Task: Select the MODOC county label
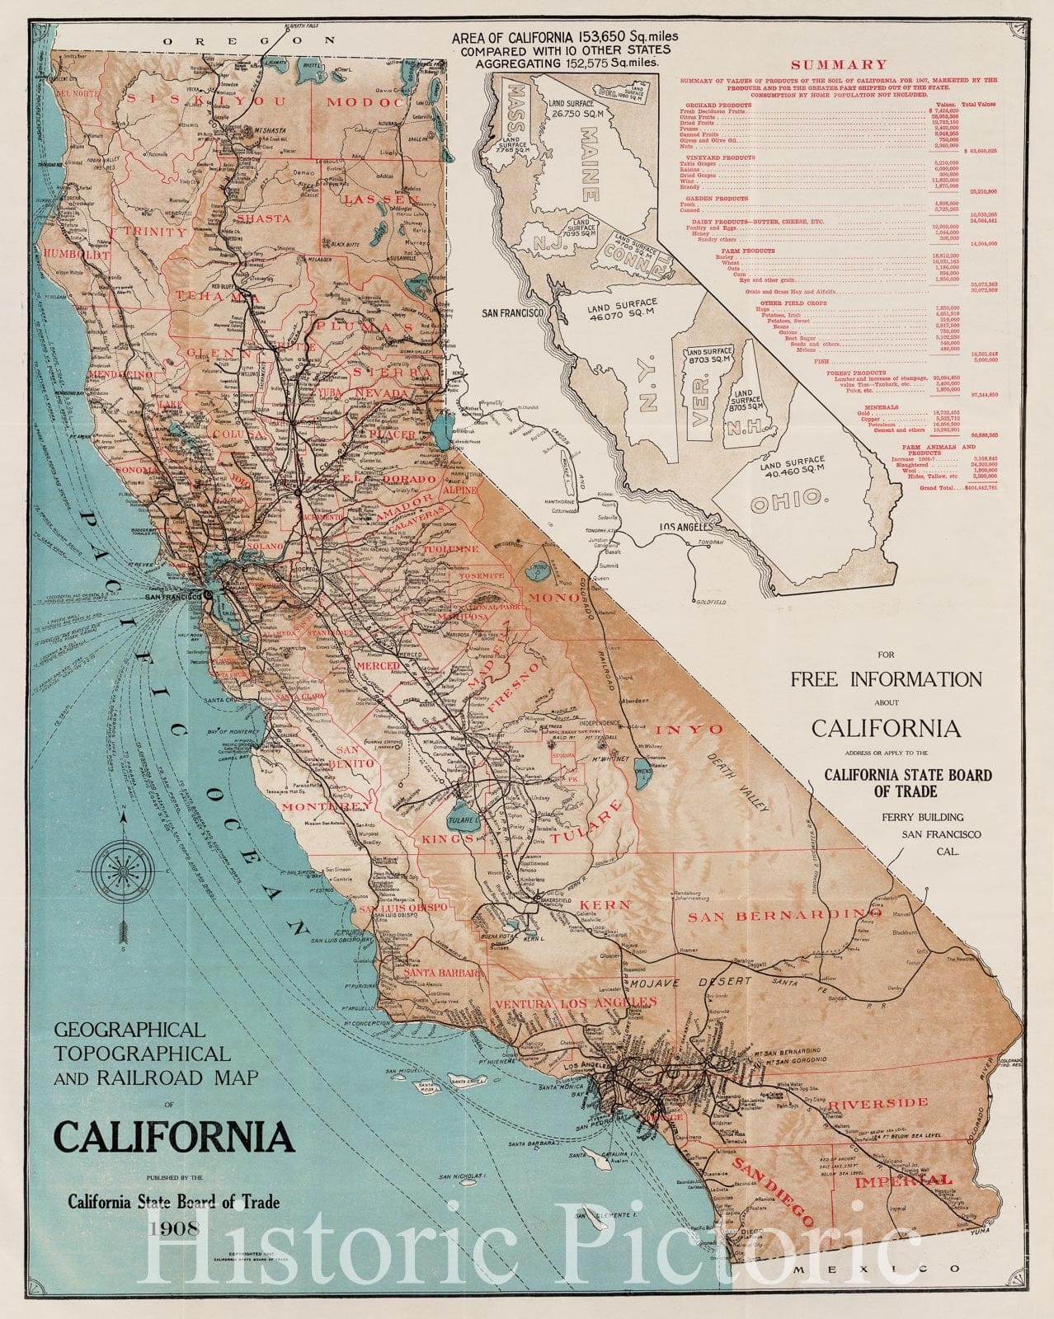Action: tap(366, 102)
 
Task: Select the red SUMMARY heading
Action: tap(838, 64)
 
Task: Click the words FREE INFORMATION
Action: tap(886, 679)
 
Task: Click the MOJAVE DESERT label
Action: tap(689, 983)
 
